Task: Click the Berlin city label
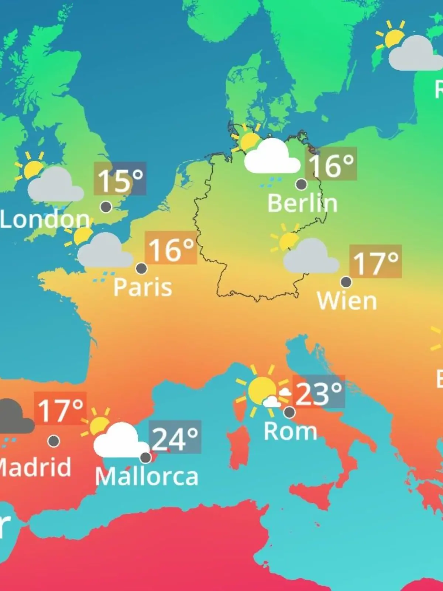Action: coord(302,203)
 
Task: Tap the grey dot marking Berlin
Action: coord(301,184)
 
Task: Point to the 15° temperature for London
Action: coord(120,179)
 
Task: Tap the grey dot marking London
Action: coord(106,207)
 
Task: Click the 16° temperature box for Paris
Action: coord(171,248)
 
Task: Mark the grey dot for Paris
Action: coord(141,269)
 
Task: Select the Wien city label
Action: coord(347,301)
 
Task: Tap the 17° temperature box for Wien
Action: coord(375,261)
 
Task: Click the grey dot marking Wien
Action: coord(346,282)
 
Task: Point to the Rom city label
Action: coord(291,431)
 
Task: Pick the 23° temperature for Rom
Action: coord(319,392)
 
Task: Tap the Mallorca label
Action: coord(147,476)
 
